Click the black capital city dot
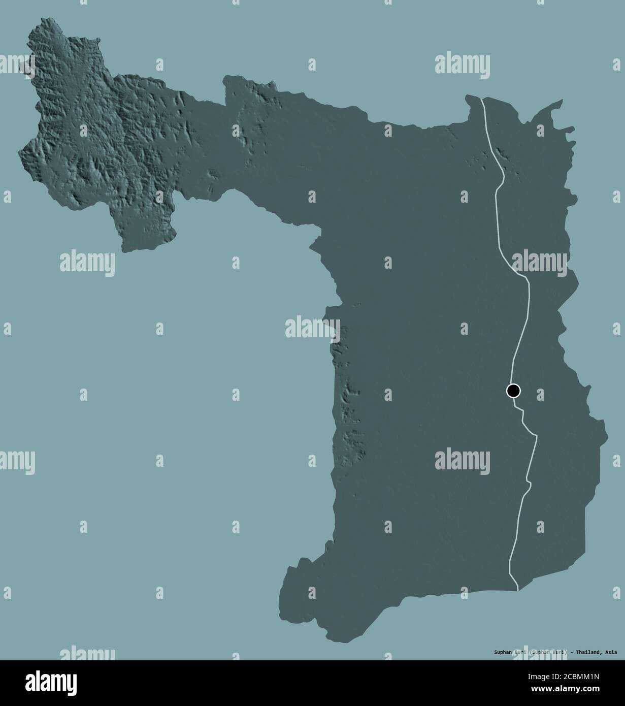point(513,391)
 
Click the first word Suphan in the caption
point(502,652)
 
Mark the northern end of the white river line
point(481,98)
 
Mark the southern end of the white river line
point(517,590)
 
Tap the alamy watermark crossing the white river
point(539,261)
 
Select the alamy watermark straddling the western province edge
point(313,328)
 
